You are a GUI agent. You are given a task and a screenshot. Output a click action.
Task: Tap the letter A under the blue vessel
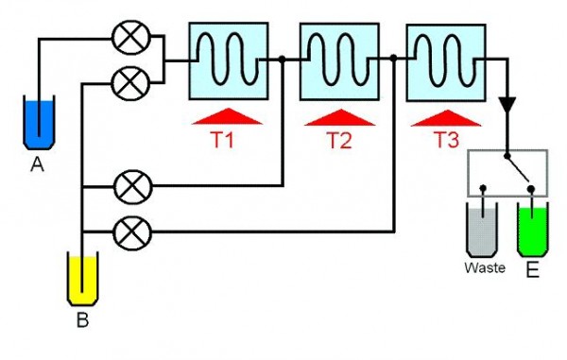[x=38, y=164]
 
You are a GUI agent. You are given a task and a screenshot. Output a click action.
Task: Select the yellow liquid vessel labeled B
[x=83, y=277]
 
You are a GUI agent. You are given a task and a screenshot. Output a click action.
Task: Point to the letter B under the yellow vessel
[x=82, y=320]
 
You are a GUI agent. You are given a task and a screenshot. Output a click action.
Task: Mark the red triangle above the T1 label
[x=227, y=116]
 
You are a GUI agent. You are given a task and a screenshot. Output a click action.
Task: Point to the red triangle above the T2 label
[x=337, y=116]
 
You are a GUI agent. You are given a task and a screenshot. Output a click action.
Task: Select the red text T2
[x=338, y=140]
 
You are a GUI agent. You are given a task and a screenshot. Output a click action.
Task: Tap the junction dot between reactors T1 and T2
[x=283, y=59]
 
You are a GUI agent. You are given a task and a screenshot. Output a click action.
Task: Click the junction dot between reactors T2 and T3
[x=393, y=59]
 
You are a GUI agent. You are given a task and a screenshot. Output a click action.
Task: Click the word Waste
[x=484, y=268]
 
